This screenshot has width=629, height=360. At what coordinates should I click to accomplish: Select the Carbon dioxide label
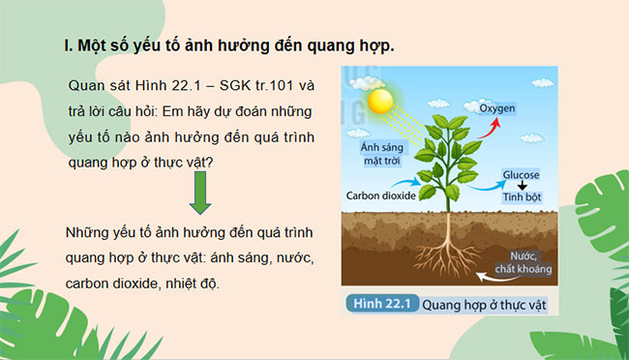(380, 195)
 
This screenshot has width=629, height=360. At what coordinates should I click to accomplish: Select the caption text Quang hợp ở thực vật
(485, 304)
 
